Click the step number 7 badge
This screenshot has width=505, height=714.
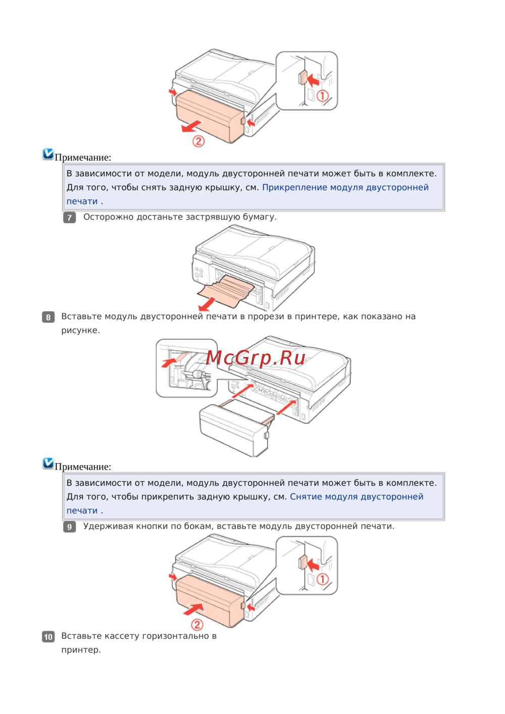(70, 218)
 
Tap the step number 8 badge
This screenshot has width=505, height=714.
(48, 317)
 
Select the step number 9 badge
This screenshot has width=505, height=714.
(70, 527)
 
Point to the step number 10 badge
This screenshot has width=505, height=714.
(48, 637)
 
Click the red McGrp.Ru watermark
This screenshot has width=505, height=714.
(256, 358)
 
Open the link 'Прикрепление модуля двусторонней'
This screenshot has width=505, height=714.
(345, 187)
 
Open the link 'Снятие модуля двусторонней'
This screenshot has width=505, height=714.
(357, 496)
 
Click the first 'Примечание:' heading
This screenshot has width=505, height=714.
(83, 157)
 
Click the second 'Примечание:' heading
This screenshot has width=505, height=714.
(83, 467)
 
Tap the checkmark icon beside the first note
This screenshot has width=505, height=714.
(48, 154)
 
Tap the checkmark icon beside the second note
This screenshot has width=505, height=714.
(48, 463)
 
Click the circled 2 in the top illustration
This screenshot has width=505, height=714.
(198, 141)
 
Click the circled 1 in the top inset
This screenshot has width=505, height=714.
(322, 95)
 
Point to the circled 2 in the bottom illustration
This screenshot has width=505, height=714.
(197, 625)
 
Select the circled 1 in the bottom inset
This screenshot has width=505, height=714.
(322, 579)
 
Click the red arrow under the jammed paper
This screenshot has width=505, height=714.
(207, 304)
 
